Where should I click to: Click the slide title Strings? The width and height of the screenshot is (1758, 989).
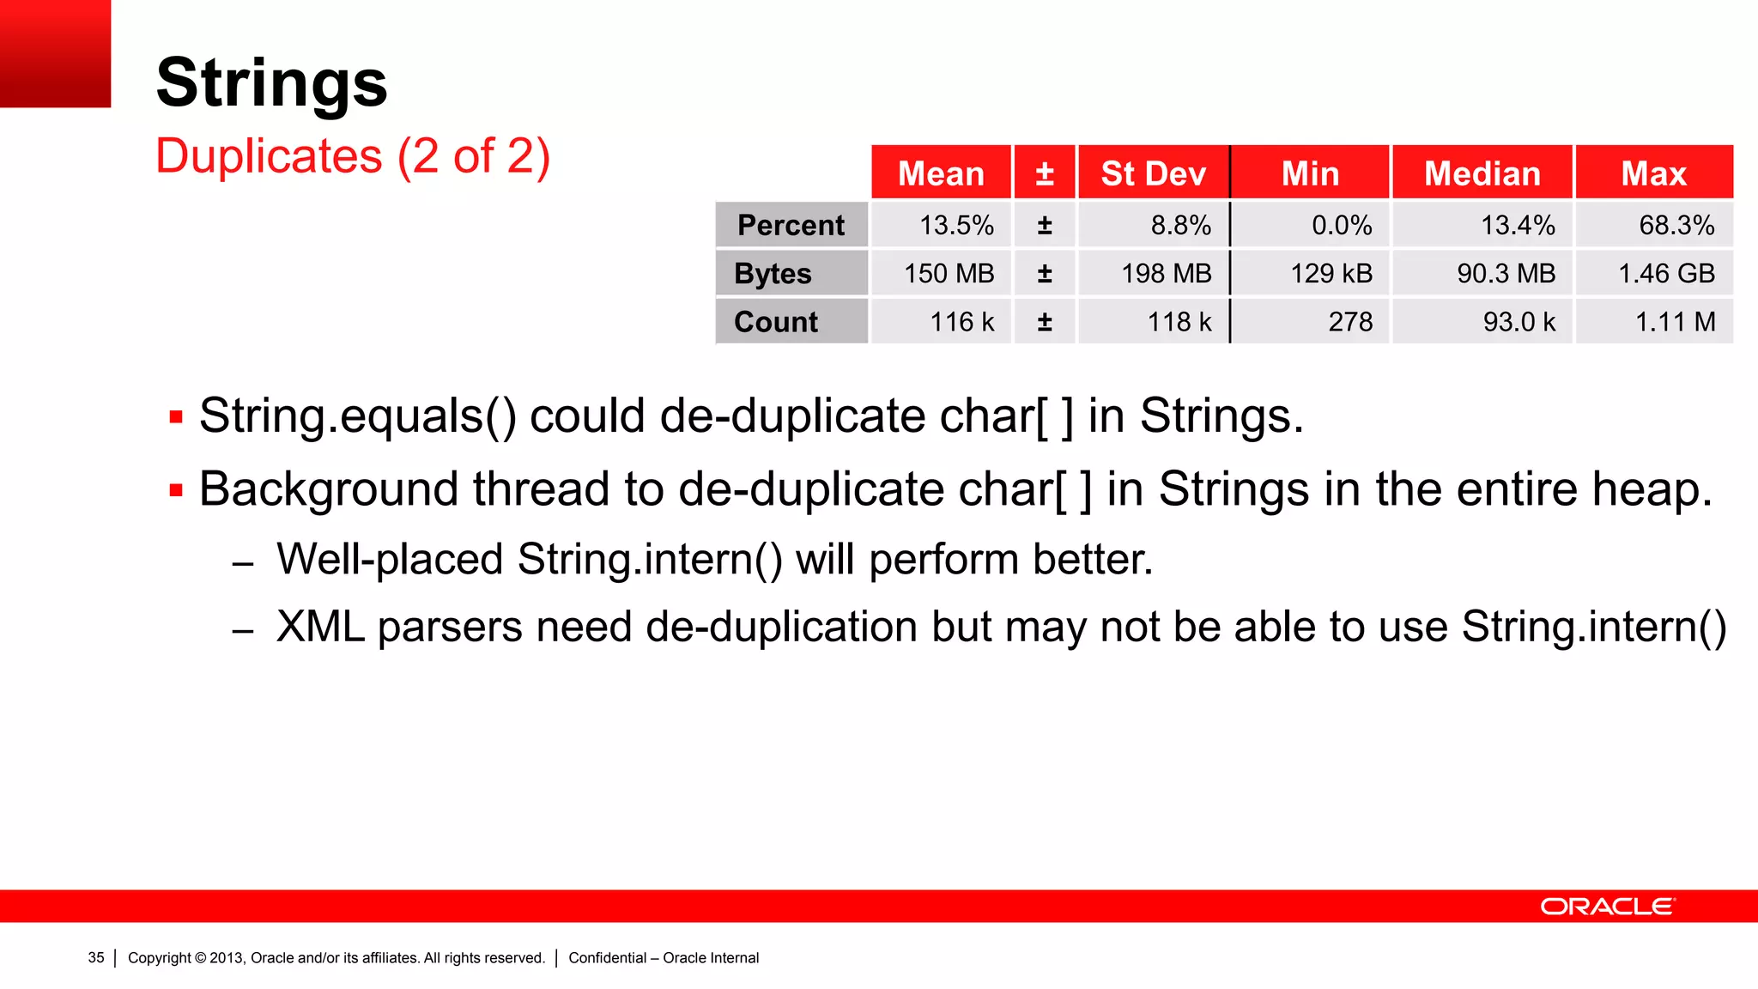(271, 82)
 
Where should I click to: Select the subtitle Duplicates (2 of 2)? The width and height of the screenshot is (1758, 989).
(352, 156)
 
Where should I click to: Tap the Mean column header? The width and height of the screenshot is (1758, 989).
(941, 173)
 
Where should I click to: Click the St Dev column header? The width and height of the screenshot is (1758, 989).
(1153, 173)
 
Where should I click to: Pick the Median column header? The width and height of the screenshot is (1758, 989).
(1482, 173)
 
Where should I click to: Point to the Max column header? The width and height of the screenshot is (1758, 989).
(1653, 173)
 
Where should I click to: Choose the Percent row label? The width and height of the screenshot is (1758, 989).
(791, 225)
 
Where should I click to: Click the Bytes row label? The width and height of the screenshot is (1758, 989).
(773, 273)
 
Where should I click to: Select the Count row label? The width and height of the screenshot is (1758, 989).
(776, 322)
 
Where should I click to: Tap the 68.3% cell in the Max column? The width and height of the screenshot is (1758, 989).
(1676, 225)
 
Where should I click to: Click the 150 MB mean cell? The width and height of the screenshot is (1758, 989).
(949, 273)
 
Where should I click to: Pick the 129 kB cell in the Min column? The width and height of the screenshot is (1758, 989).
(1331, 273)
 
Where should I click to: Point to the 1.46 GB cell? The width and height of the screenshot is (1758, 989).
(1665, 273)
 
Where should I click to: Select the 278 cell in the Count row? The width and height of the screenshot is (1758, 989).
(1350, 322)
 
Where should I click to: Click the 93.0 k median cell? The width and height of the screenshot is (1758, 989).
(1519, 322)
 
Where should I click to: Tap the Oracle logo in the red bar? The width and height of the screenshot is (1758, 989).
(1607, 907)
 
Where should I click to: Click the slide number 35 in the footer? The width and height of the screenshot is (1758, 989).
(96, 957)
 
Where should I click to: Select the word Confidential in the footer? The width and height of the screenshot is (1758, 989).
(607, 957)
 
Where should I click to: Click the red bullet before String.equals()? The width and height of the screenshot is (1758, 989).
(176, 418)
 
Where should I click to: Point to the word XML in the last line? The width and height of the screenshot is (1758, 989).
(319, 627)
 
